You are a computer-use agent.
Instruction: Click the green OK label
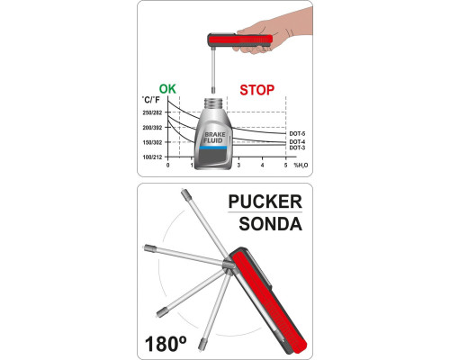(167, 89)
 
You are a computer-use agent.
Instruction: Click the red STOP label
(257, 90)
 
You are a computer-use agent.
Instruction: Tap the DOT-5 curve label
(297, 134)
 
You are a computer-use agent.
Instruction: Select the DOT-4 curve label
(297, 141)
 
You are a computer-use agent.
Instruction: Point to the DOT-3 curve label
(297, 148)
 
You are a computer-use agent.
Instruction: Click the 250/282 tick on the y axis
(152, 112)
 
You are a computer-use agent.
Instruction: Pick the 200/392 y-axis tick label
(152, 128)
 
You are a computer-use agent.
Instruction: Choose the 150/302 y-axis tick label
(152, 142)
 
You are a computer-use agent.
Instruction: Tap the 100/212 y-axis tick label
(152, 157)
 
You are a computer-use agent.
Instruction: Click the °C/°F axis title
(151, 100)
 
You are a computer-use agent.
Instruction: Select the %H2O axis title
(301, 166)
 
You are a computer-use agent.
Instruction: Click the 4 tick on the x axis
(263, 166)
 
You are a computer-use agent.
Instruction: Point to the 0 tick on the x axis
(167, 166)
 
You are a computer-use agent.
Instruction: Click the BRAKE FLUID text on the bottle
(214, 138)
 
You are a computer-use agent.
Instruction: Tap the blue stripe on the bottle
(212, 148)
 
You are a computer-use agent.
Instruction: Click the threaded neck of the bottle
(212, 103)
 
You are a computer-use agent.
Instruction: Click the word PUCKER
(265, 202)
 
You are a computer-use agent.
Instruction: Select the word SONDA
(270, 224)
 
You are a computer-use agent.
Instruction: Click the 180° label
(166, 344)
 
